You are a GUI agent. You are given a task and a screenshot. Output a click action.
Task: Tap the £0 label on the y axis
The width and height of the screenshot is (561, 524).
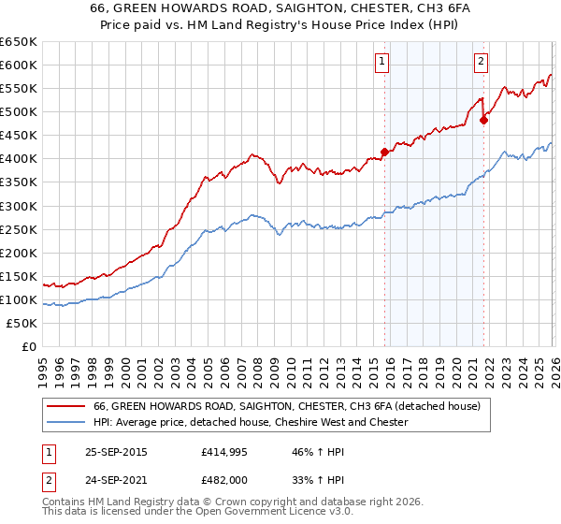coord(29,346)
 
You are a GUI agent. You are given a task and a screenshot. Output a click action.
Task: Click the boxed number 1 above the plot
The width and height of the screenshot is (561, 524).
coord(383,63)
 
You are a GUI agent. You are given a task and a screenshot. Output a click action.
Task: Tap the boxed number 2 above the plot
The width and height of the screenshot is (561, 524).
coord(481,63)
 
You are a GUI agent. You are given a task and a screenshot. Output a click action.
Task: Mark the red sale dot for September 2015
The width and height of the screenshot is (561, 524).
coord(384,152)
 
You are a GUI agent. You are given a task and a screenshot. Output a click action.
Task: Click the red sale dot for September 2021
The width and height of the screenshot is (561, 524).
coord(483,120)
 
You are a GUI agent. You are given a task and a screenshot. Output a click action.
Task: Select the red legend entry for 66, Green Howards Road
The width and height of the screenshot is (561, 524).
coord(286,406)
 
